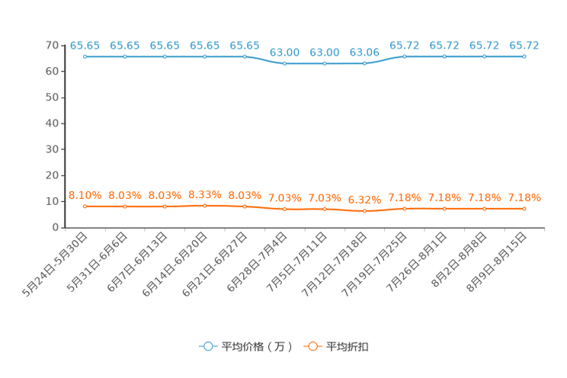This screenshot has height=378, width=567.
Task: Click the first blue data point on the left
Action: tap(85, 56)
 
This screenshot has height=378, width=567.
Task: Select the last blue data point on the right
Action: tap(524, 56)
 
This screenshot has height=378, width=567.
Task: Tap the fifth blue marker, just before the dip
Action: tap(245, 56)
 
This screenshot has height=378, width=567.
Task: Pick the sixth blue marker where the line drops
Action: tap(284, 63)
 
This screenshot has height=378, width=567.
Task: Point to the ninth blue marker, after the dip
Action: tap(404, 56)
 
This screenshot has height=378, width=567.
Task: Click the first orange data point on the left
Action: tap(85, 207)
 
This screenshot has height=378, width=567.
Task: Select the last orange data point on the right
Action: tap(524, 208)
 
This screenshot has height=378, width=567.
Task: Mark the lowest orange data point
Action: tap(364, 211)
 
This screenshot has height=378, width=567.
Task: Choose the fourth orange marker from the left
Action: tap(204, 205)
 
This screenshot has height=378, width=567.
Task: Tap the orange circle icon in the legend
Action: tap(312, 346)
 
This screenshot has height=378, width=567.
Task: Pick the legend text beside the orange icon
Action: tap(349, 347)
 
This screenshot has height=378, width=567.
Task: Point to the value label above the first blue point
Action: tap(85, 45)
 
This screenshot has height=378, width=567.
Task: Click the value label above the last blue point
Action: tap(524, 45)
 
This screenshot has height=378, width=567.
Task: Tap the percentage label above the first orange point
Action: tap(85, 195)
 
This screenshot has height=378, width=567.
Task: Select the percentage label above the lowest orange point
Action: tap(364, 200)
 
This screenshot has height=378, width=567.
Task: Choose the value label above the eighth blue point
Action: tap(364, 52)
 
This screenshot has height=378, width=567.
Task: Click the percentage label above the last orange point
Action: tap(524, 197)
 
